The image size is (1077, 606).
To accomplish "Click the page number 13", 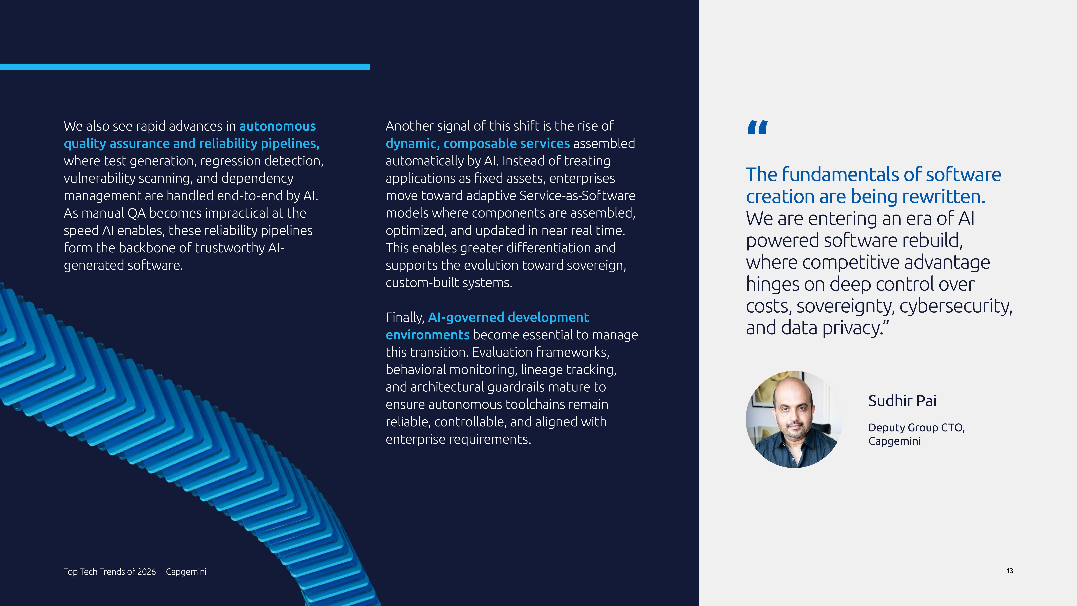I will point(1010,571).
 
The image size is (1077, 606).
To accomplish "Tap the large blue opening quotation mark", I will point(757,128).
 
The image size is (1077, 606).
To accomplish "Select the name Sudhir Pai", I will point(902,401).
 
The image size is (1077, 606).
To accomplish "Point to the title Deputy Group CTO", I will point(916,427).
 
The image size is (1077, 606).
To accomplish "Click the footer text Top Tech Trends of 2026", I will point(110,572).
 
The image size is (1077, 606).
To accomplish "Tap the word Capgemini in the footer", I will point(186,572).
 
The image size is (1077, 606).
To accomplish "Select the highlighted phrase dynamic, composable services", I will point(478,143).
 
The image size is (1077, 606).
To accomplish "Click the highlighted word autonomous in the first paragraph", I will point(277,126).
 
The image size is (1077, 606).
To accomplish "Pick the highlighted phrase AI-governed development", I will point(508,317).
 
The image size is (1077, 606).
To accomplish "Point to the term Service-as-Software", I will point(577,196).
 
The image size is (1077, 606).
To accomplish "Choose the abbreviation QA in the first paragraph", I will point(136,213).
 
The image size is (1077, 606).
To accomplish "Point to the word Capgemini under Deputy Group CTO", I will point(894,441).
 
